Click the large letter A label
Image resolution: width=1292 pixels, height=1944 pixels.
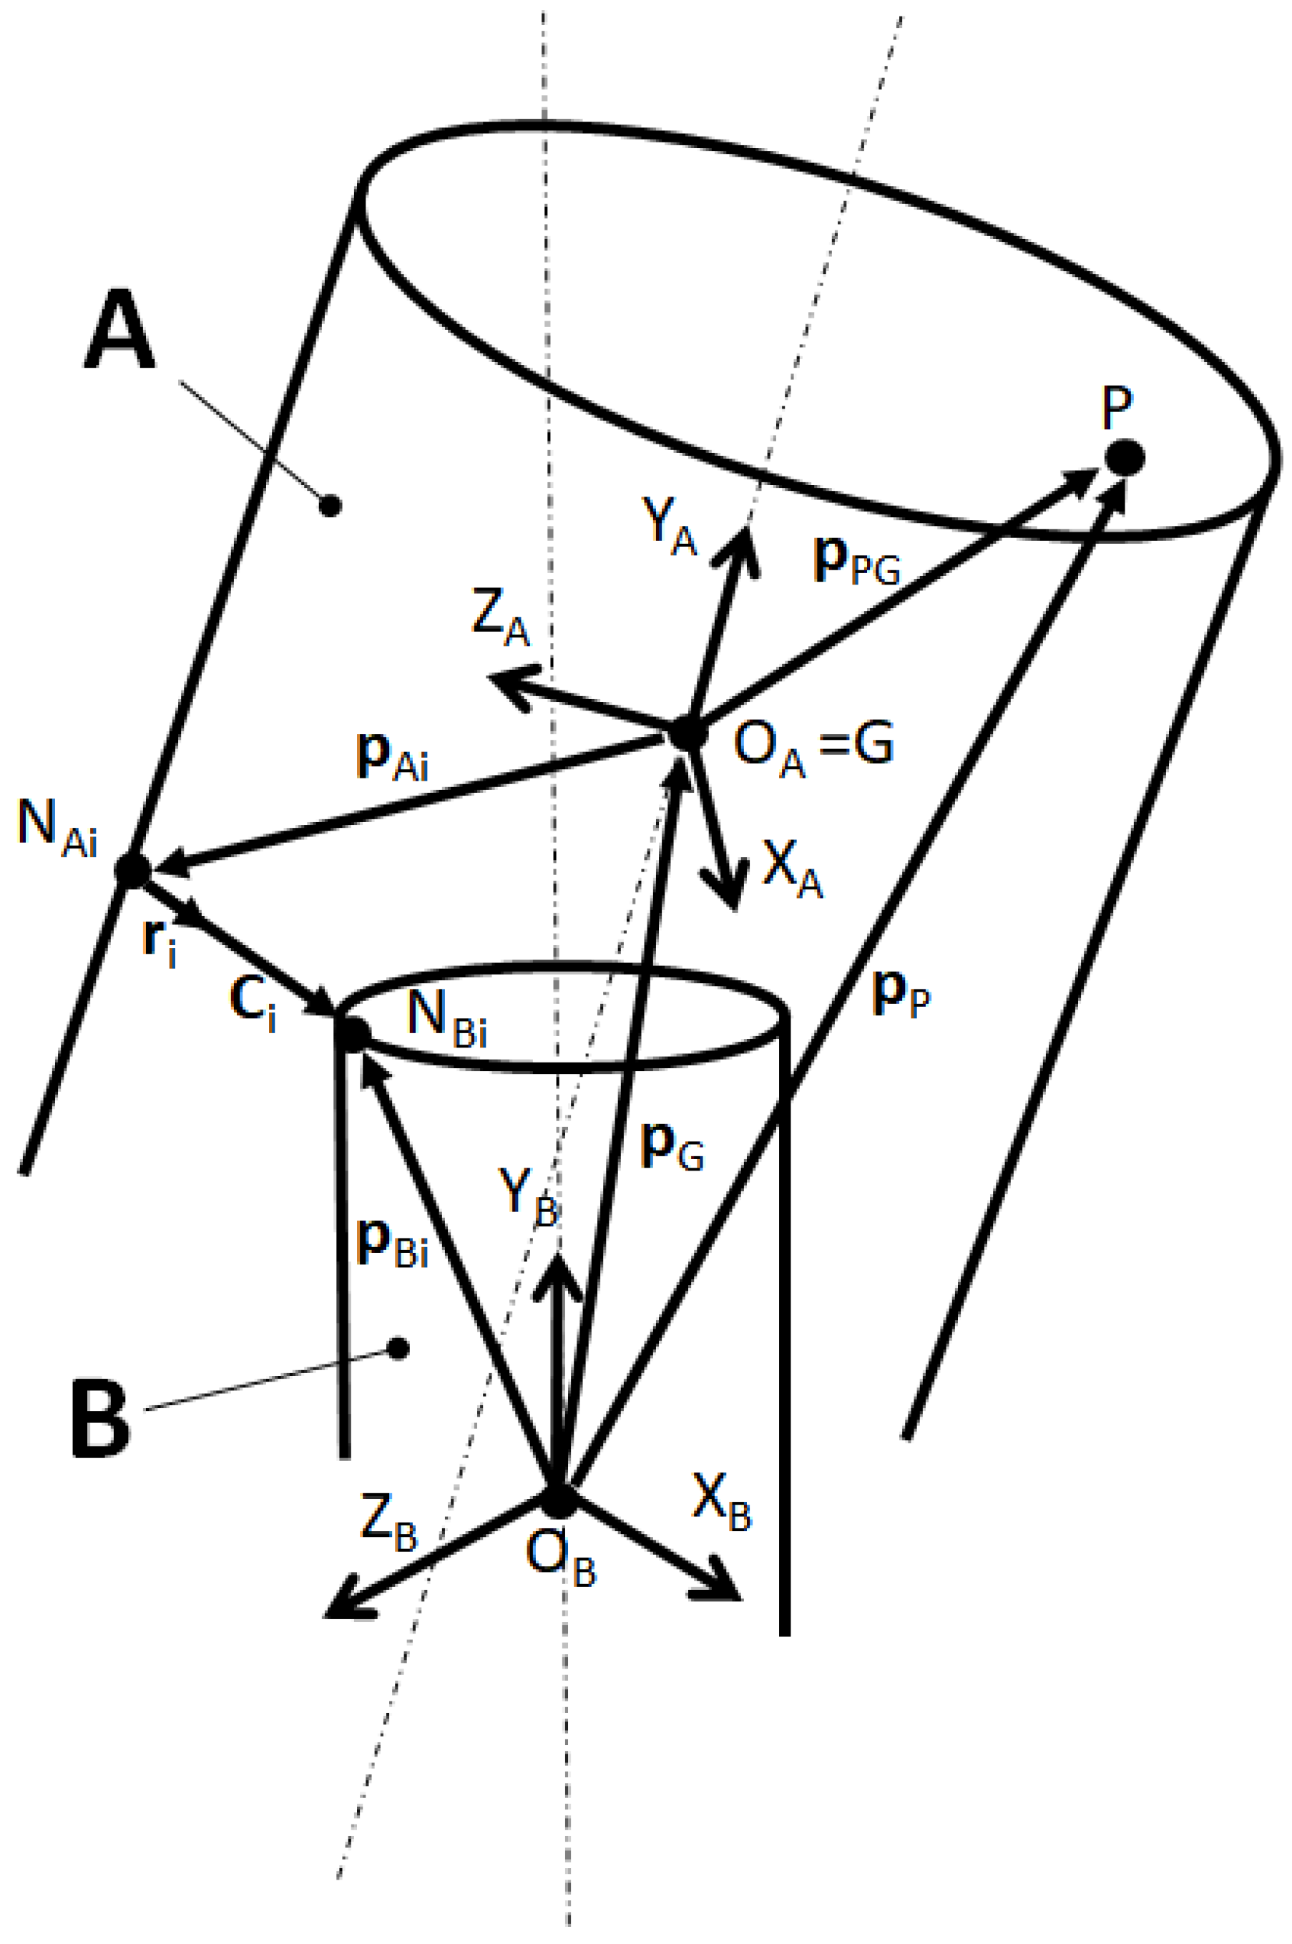(120, 331)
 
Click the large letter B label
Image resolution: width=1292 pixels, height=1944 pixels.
(101, 1419)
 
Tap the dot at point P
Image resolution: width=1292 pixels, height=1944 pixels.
(1124, 457)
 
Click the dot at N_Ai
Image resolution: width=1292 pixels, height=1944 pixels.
(132, 869)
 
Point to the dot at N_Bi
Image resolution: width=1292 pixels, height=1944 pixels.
(353, 1033)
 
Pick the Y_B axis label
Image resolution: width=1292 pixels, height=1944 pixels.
(528, 1196)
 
